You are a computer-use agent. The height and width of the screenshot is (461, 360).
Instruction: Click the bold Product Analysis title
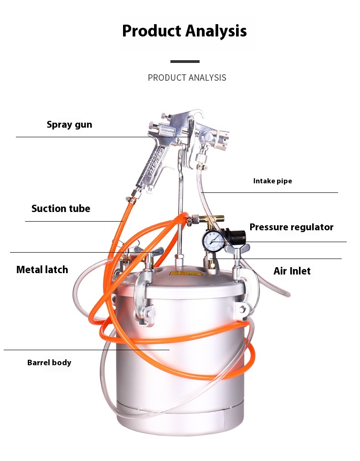pyautogui.click(x=184, y=31)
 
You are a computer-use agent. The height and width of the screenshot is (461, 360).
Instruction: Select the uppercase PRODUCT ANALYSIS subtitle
pyautogui.click(x=187, y=78)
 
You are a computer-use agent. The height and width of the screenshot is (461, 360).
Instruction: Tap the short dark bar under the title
pyautogui.click(x=185, y=61)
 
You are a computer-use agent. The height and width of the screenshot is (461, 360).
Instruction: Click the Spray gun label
pyautogui.click(x=69, y=124)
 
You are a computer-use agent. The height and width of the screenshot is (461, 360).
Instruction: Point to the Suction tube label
pyautogui.click(x=61, y=208)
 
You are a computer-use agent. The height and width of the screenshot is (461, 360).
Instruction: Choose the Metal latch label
pyautogui.click(x=42, y=269)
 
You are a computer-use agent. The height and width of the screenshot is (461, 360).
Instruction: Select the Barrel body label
pyautogui.click(x=49, y=363)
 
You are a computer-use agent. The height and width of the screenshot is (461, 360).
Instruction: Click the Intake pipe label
pyautogui.click(x=273, y=181)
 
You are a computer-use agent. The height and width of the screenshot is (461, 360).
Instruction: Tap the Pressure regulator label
pyautogui.click(x=291, y=227)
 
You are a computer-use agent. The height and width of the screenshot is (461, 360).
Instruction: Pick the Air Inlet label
pyautogui.click(x=292, y=271)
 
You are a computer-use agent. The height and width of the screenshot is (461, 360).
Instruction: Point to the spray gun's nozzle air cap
pyautogui.click(x=221, y=140)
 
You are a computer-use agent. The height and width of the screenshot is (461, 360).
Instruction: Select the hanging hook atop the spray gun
pyautogui.click(x=196, y=116)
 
